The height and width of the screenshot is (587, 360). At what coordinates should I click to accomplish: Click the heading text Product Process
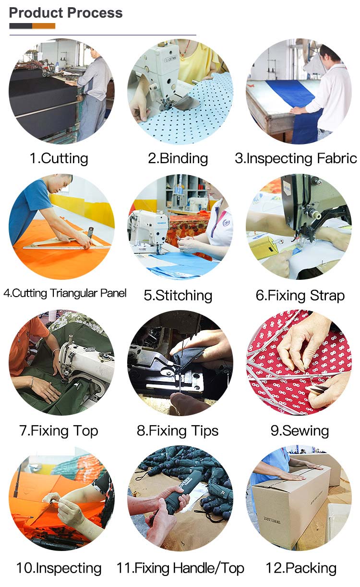(66, 13)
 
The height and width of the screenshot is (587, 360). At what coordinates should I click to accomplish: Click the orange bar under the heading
(44, 26)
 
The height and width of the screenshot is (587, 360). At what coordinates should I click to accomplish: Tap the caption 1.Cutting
(59, 158)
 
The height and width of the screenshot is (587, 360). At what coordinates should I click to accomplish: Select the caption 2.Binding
(178, 158)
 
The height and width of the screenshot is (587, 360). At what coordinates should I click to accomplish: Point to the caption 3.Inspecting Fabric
(296, 158)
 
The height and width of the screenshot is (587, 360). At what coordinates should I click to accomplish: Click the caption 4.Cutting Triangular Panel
(65, 293)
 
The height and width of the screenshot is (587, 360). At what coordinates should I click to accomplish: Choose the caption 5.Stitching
(178, 295)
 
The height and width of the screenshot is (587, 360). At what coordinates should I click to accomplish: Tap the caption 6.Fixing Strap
(300, 296)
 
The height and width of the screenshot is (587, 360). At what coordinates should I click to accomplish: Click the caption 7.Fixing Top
(59, 431)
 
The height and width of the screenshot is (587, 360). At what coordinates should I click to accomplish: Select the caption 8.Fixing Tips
(178, 431)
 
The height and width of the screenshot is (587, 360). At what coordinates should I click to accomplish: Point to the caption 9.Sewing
(300, 431)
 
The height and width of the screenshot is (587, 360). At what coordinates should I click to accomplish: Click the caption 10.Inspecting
(59, 568)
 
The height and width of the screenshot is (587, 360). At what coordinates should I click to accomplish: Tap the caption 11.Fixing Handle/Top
(180, 568)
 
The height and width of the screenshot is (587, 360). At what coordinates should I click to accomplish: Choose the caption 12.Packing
(301, 568)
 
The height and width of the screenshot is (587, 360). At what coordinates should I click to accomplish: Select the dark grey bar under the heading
(21, 26)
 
